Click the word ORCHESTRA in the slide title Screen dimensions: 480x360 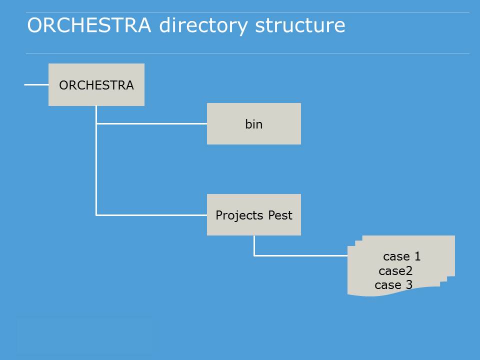(89, 25)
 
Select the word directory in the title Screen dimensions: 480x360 (203, 25)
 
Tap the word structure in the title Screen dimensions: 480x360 (300, 25)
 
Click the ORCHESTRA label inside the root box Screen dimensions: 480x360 (96, 85)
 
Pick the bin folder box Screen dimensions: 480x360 (254, 123)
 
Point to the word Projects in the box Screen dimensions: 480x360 (239, 215)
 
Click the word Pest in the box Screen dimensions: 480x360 (280, 215)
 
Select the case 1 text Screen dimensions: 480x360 (402, 256)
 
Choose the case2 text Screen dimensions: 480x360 (395, 270)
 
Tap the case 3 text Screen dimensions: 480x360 (393, 284)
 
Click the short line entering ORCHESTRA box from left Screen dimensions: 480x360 (36, 84)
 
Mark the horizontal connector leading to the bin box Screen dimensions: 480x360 (151, 123)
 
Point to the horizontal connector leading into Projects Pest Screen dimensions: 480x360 (151, 215)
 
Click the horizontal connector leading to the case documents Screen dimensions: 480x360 (300, 255)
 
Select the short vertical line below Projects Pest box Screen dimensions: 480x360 (254, 245)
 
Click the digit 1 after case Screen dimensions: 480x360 (417, 256)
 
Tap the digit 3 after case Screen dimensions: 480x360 (409, 284)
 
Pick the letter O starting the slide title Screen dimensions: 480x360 (34, 25)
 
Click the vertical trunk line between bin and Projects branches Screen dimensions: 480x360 (96, 169)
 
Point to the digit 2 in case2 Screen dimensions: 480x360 (409, 270)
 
